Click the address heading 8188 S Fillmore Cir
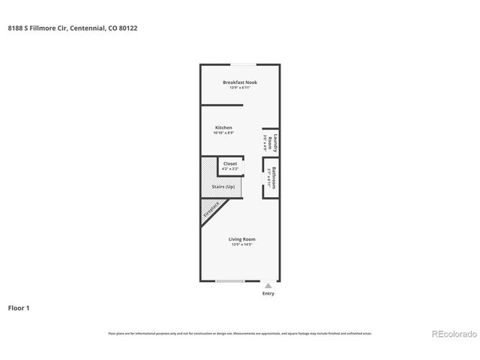(72, 28)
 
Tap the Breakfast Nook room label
(240, 82)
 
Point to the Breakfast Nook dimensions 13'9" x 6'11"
(240, 88)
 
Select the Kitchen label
(223, 127)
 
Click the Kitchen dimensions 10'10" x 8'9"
(223, 133)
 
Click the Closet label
(230, 163)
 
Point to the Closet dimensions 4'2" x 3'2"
(230, 169)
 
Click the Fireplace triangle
(211, 213)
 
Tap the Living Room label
(242, 238)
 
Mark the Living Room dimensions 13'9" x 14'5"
(242, 244)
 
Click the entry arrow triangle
(268, 286)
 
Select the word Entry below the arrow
(268, 294)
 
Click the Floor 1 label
(19, 307)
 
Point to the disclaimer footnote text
(240, 333)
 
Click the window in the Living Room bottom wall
(230, 280)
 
